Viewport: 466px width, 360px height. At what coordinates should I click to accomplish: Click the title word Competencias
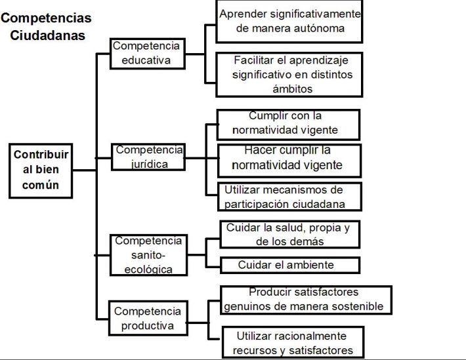click(46, 18)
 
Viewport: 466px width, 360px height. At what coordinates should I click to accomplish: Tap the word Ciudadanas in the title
click(47, 35)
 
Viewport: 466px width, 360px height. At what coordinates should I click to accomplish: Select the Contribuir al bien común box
click(41, 170)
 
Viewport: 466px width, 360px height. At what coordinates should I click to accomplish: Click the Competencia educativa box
click(148, 54)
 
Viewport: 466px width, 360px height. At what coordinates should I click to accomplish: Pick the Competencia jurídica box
click(148, 157)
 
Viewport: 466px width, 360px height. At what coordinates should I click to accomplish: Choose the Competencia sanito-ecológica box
click(148, 255)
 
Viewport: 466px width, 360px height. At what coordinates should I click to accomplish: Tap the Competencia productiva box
click(148, 318)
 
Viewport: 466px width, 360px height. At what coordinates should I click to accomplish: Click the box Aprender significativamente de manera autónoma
click(289, 22)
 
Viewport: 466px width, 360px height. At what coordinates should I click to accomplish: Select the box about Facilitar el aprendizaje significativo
click(289, 75)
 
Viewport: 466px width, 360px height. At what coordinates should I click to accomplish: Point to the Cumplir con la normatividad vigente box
click(288, 125)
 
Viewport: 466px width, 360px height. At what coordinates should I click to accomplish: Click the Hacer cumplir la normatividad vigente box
click(289, 161)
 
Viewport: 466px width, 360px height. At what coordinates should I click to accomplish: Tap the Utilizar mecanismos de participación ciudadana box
click(289, 197)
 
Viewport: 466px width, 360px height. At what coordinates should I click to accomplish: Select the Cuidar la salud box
click(289, 234)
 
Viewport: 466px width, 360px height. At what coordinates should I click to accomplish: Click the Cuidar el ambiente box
click(289, 265)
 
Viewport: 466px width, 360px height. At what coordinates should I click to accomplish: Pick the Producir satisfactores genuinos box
click(306, 300)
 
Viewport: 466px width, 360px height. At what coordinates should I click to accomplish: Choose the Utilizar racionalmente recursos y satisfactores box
click(293, 342)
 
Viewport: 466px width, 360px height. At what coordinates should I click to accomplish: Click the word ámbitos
click(293, 89)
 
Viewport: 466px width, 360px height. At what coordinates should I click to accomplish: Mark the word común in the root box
click(41, 185)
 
